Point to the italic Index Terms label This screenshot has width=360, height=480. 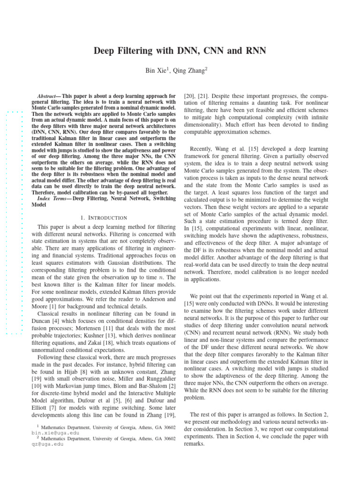coord(52,198)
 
